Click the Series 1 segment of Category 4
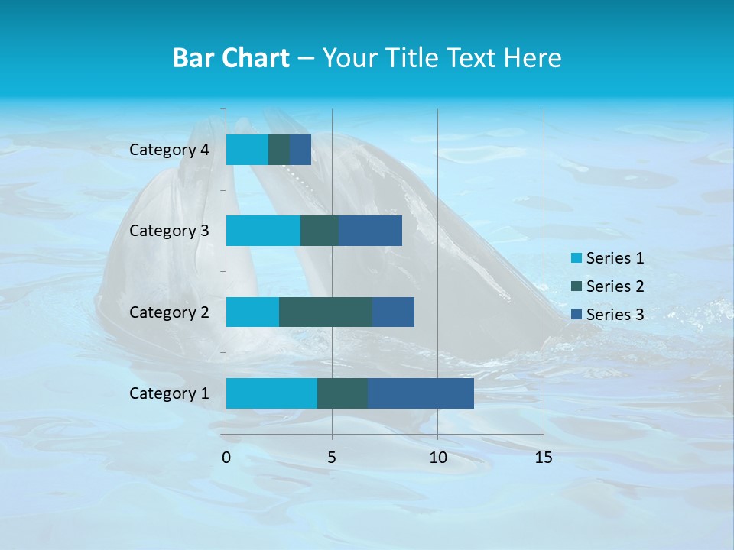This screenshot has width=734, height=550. pos(247,150)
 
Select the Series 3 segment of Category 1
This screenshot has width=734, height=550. pos(421,393)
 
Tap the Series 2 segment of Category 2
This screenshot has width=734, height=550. pos(326,312)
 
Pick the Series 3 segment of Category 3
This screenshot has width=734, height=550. pos(370,231)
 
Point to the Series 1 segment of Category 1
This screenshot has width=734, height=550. pos(271,393)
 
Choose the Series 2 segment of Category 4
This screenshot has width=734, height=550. pos(279,150)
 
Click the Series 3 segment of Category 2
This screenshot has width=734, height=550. pos(393,312)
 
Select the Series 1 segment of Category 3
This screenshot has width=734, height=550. pos(263,231)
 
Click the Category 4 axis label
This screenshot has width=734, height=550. pos(169,150)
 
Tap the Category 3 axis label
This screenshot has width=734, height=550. pos(169,231)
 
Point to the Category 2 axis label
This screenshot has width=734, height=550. pos(169,312)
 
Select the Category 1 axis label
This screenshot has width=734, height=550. pos(169,393)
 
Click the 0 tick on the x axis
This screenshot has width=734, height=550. pos(226,458)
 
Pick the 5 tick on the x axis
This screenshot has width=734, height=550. pos(332,458)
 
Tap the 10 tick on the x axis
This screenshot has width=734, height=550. pos(437,458)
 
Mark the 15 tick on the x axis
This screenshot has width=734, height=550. pos(543,458)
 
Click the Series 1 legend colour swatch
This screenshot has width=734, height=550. pos(576,258)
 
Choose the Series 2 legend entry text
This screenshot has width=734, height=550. pos(615,286)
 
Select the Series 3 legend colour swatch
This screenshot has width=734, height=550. pos(576,315)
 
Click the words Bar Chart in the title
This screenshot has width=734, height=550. pos(231,58)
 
